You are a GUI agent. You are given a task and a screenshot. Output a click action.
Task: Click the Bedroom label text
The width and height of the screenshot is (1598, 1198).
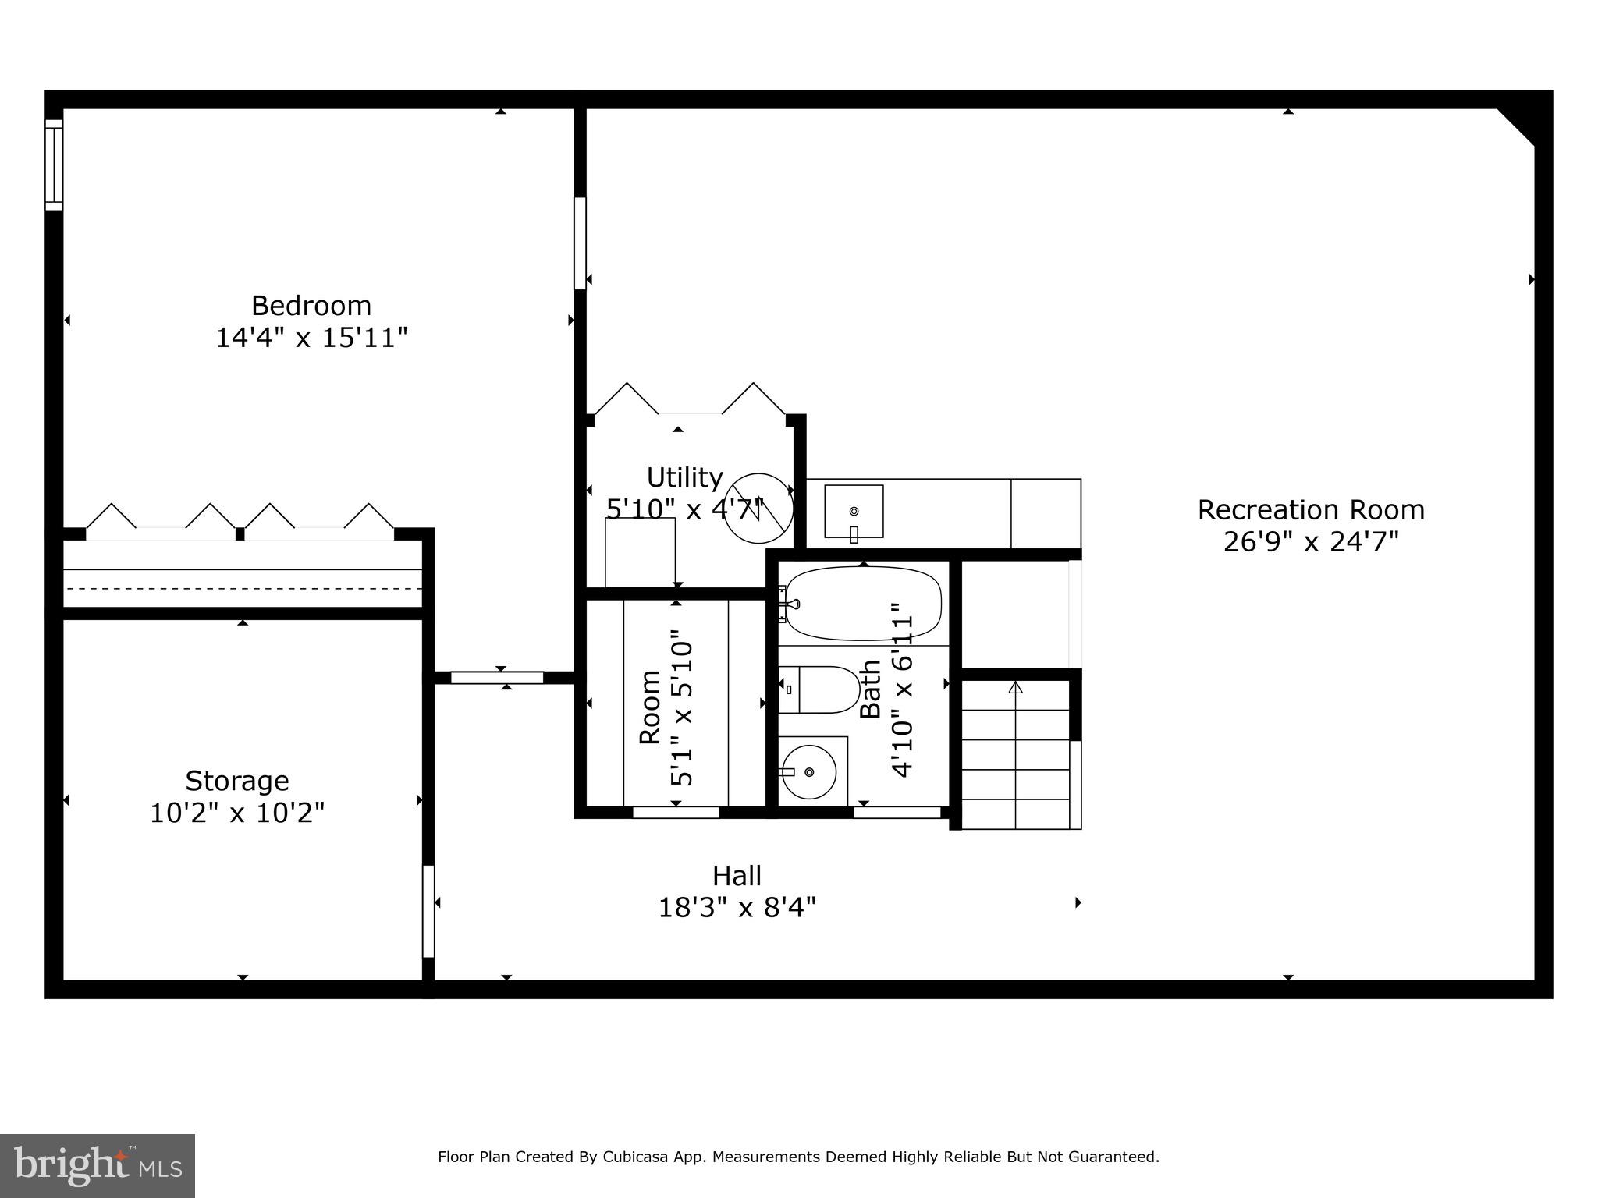tap(311, 305)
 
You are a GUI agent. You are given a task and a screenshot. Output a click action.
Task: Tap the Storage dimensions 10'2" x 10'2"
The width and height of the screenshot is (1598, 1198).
tap(236, 813)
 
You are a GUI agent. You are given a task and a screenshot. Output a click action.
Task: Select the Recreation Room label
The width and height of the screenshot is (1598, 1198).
tap(1310, 510)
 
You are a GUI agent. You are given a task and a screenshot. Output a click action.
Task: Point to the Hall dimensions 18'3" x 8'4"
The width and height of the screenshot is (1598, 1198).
tap(737, 908)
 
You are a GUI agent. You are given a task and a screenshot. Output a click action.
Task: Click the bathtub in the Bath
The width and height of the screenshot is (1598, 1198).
tap(863, 603)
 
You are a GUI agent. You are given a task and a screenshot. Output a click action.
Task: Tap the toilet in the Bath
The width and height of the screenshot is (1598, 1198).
tap(819, 689)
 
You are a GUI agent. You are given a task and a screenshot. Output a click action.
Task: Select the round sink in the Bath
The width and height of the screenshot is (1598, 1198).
tap(809, 771)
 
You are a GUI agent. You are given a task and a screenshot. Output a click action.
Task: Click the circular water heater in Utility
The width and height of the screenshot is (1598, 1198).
tap(758, 508)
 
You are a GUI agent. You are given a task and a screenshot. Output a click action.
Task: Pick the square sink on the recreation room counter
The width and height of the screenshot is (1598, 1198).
tap(854, 512)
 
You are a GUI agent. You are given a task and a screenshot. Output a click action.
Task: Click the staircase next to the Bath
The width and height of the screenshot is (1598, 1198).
tap(1015, 753)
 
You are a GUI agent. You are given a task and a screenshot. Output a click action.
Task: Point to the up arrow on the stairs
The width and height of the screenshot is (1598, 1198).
tap(1015, 688)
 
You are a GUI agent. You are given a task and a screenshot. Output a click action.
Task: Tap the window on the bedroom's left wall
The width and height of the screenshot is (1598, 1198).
tap(53, 165)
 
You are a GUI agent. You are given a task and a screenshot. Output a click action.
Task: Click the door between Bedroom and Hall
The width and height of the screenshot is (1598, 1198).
tap(497, 678)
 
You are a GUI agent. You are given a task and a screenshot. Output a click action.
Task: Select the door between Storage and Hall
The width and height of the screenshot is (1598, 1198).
tap(428, 911)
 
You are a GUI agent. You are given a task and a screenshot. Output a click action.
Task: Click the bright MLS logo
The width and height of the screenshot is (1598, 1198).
tap(97, 1165)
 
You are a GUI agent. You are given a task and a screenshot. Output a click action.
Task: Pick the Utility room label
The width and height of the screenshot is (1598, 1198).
tap(684, 477)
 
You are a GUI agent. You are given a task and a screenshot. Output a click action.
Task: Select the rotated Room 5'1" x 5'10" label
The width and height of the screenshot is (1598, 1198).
tap(666, 707)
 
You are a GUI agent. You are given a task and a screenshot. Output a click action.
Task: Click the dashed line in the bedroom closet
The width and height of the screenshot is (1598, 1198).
tap(242, 588)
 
